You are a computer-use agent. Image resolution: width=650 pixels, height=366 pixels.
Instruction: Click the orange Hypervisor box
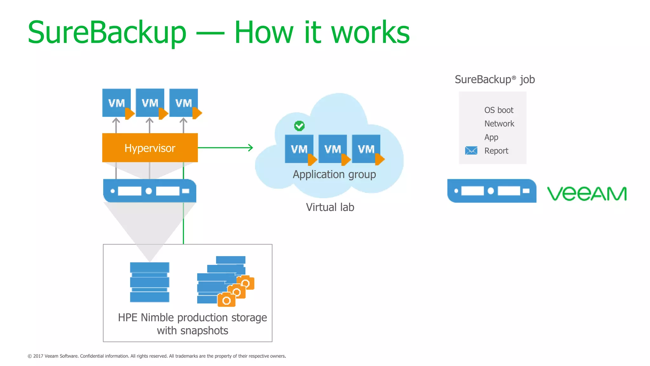(150, 148)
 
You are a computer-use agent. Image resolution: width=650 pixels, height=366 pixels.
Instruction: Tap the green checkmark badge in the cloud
(299, 126)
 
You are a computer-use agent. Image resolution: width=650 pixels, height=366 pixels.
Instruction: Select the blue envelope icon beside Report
(471, 151)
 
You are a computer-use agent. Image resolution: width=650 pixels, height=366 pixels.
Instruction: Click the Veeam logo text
(587, 193)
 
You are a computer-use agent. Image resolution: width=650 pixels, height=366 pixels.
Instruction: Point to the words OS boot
(499, 110)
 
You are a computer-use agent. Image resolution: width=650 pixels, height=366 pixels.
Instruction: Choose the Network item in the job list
(499, 124)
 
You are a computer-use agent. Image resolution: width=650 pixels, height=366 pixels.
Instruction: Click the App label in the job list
(491, 137)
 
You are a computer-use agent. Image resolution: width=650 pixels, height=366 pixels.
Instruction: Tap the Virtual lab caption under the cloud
(330, 207)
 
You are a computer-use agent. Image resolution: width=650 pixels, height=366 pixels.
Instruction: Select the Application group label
(334, 174)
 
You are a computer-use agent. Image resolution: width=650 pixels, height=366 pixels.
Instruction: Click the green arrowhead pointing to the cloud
(251, 148)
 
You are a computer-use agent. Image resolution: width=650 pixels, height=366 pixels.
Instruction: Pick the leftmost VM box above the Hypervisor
(116, 103)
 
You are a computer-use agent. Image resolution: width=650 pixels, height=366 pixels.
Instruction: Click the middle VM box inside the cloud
(333, 149)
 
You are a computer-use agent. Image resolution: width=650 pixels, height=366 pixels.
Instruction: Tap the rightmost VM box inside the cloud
(366, 149)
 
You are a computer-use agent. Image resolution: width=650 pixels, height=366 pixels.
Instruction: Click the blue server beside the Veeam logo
(491, 191)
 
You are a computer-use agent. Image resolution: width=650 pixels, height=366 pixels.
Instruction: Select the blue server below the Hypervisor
(149, 191)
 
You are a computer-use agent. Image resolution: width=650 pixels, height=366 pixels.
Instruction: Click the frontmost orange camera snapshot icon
(226, 300)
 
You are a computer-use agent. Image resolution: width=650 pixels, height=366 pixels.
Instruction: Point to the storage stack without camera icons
(149, 282)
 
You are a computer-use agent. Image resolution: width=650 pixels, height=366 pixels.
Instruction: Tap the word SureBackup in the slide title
(107, 32)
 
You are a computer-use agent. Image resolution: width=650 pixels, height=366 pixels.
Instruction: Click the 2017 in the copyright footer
(38, 356)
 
